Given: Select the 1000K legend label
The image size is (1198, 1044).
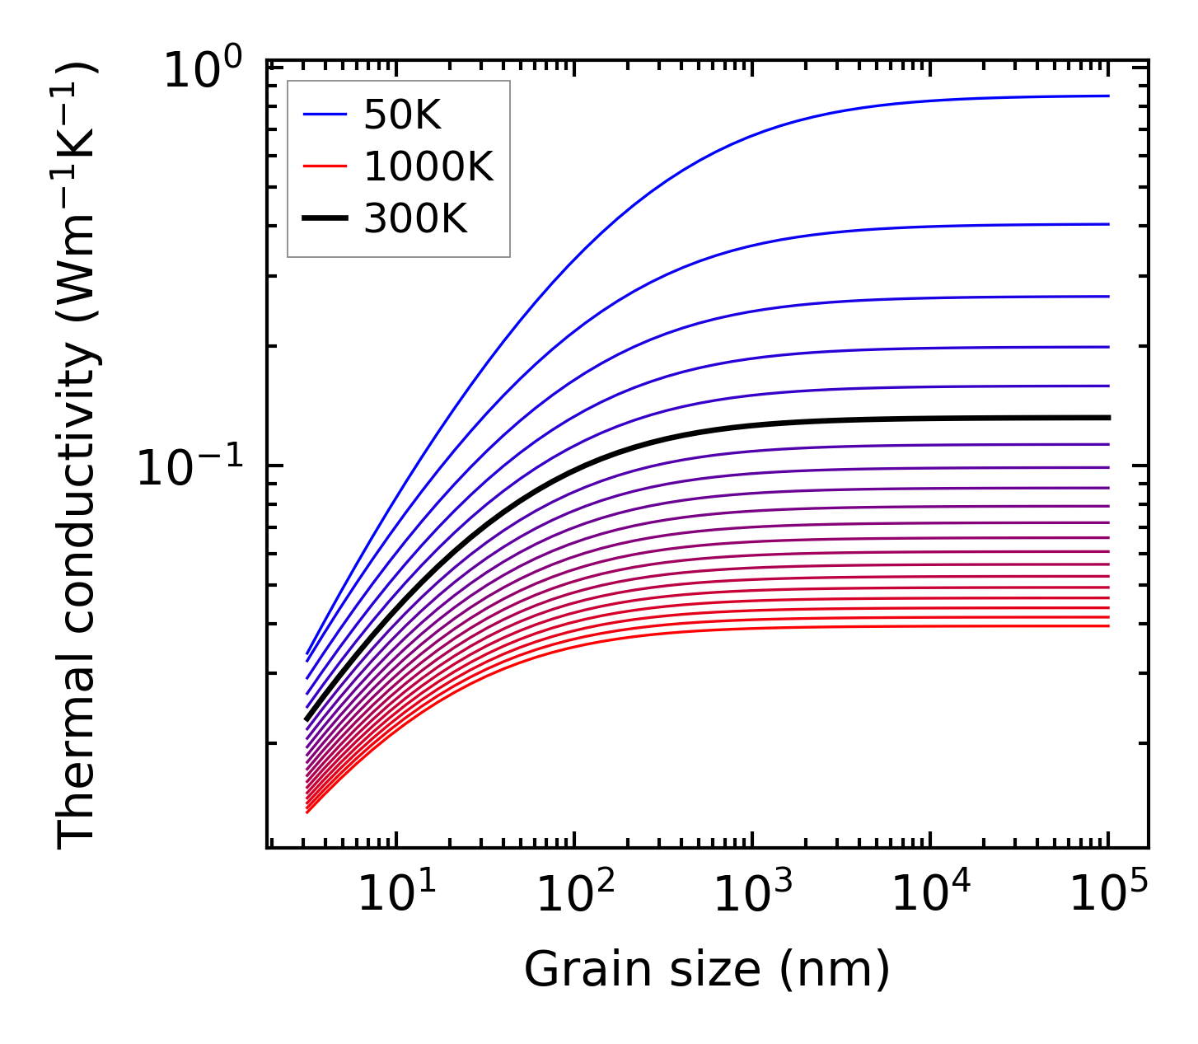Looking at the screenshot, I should point(428,167).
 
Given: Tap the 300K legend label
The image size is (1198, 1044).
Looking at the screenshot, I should point(415,219).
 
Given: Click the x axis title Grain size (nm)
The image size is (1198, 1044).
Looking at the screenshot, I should point(707,969).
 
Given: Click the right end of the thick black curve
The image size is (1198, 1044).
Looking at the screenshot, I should point(1108,418).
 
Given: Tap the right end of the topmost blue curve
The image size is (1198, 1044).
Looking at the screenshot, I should point(1108,96).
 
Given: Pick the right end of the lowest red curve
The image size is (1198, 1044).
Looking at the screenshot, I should point(1108,626).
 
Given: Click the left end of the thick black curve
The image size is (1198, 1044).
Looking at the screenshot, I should point(307,719).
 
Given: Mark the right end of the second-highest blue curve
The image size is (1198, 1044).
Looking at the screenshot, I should point(1108,224).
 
